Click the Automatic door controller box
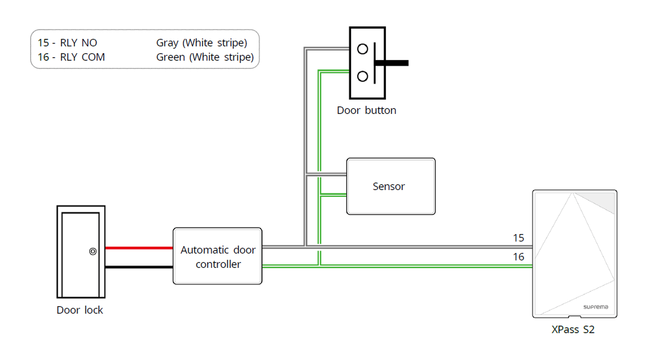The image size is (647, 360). click(x=218, y=256)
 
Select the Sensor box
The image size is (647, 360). click(x=390, y=187)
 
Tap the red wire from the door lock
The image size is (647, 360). click(x=139, y=248)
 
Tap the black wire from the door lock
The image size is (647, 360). click(x=139, y=267)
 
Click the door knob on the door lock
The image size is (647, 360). click(x=93, y=251)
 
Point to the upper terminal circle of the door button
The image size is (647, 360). click(x=362, y=49)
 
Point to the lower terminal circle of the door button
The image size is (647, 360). click(x=362, y=76)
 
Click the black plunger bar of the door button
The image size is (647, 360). click(x=392, y=63)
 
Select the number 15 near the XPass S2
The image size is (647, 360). click(x=518, y=238)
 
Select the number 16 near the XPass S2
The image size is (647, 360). click(x=518, y=257)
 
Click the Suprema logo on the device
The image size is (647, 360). click(x=595, y=307)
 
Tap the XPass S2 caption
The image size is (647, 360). click(x=573, y=330)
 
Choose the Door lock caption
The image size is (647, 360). click(x=80, y=310)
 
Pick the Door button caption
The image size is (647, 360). click(x=366, y=110)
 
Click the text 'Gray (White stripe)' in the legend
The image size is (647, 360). click(x=202, y=43)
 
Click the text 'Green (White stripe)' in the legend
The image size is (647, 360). click(x=204, y=57)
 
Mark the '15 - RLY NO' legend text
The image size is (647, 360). click(x=68, y=43)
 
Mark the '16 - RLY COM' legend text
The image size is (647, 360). click(x=71, y=57)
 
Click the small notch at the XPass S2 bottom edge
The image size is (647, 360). click(x=574, y=317)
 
